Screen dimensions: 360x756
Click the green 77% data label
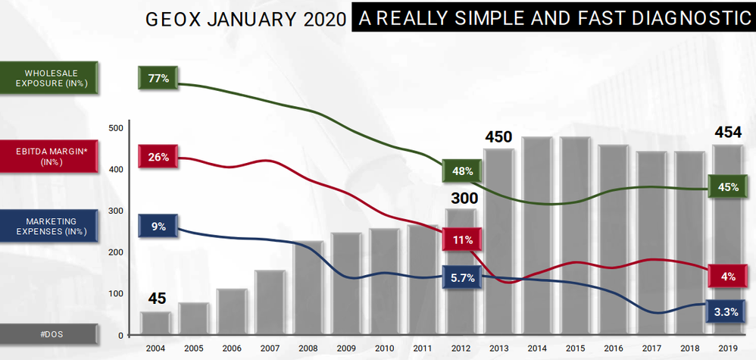point(158,78)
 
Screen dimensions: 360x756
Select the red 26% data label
point(158,157)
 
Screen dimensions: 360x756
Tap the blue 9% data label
point(158,226)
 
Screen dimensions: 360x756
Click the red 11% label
point(463,239)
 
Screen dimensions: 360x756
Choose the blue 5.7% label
point(462,278)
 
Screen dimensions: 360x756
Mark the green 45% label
point(727,187)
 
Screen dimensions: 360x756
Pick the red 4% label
point(728,277)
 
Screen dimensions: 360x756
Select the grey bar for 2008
point(308,288)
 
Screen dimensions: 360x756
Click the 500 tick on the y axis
point(115,127)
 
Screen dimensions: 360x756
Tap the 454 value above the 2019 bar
point(728,133)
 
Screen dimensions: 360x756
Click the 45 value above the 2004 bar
point(156,299)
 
